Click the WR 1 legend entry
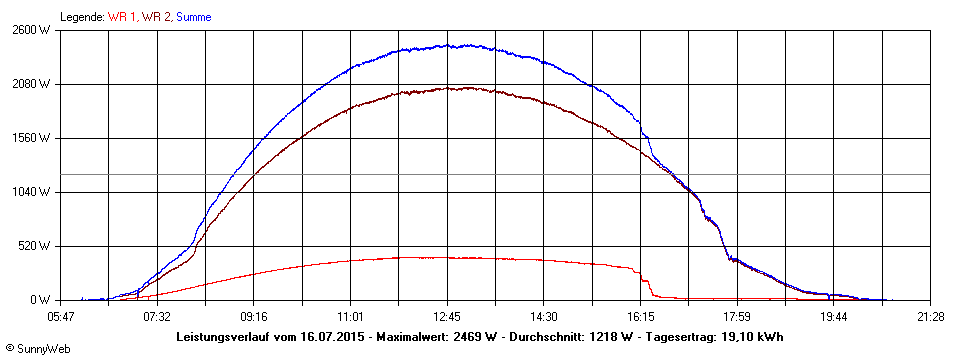(x=122, y=17)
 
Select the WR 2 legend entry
(x=156, y=17)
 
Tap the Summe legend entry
(x=193, y=17)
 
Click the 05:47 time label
(x=61, y=317)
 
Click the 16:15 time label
(x=641, y=317)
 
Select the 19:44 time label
(x=834, y=317)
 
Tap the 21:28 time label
(x=930, y=317)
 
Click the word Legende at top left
(x=81, y=17)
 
